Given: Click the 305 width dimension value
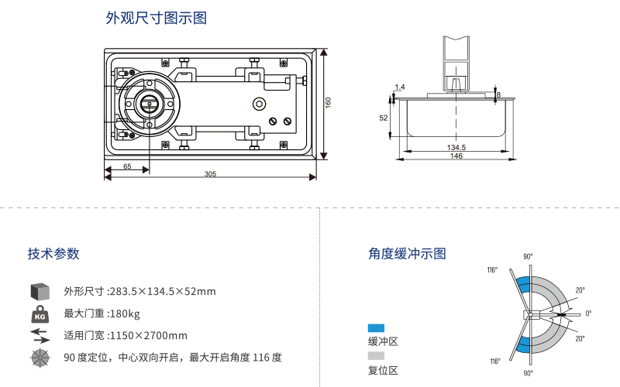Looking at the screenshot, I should click(210, 174).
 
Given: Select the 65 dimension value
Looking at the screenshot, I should click(127, 166).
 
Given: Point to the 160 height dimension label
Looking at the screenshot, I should click(329, 102).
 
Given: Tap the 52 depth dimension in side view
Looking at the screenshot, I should click(383, 118).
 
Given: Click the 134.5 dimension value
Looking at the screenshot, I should click(456, 147).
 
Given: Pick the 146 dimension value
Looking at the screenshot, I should click(456, 156).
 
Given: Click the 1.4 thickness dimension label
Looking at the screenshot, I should click(399, 87).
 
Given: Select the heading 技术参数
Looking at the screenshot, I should click(53, 254).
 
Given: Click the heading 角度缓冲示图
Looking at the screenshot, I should click(407, 254).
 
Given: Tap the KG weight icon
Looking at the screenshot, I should click(40, 314).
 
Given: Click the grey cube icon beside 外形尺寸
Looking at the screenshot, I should click(40, 291).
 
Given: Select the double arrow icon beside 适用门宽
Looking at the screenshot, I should click(40, 335).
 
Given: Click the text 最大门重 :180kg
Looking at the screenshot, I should click(102, 313).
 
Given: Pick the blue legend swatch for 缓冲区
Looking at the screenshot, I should click(376, 328).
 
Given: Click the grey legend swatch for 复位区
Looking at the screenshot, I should click(376, 356).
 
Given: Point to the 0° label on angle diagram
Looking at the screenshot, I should click(588, 313).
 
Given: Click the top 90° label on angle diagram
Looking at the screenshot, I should click(528, 256).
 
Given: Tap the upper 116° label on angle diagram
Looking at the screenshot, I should click(492, 270).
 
